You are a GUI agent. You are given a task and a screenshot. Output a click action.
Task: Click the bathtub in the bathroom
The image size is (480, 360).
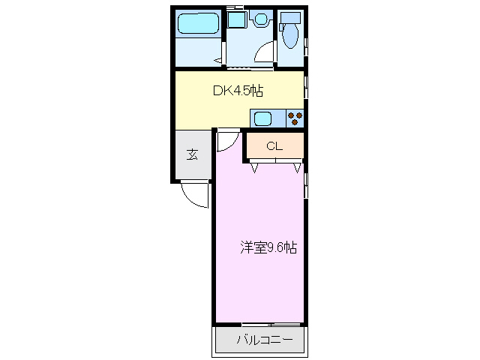198,24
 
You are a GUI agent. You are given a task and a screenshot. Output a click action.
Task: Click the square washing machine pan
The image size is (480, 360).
237,20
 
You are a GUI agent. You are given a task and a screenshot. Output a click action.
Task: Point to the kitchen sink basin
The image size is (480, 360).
262,118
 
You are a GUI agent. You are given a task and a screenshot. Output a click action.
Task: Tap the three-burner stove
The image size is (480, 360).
295,118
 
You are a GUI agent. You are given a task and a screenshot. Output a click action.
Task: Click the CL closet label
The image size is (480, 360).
274,146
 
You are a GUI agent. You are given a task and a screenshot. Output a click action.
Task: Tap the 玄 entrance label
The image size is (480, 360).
193,155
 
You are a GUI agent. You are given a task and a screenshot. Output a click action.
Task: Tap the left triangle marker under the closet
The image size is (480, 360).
254,168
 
